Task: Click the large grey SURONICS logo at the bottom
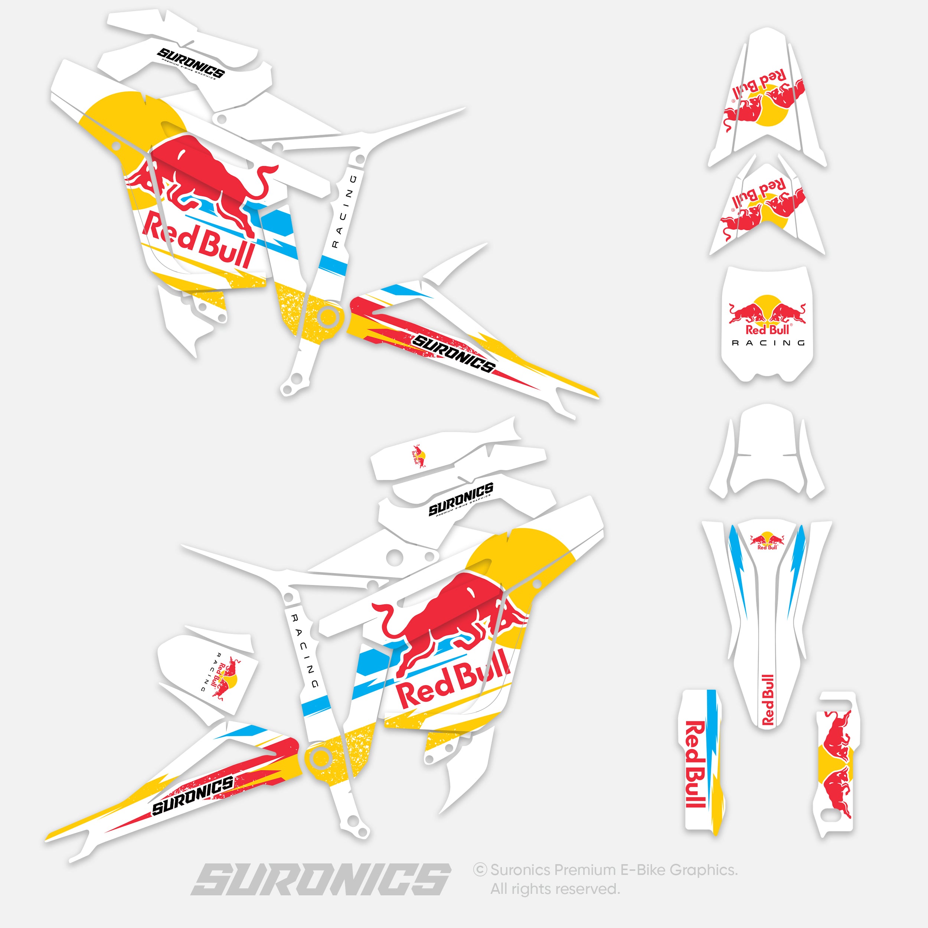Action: [x=321, y=879]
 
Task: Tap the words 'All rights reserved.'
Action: [x=555, y=889]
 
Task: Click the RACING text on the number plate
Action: [x=768, y=343]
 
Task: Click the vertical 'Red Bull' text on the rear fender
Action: [x=768, y=700]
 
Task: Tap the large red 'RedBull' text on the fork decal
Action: [x=695, y=764]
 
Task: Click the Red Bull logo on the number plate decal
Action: [x=767, y=315]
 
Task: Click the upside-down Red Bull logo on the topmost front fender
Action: [x=764, y=98]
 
